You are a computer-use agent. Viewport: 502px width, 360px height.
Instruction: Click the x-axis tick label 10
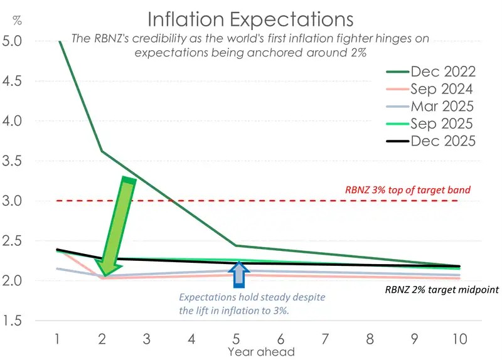pyautogui.click(x=459, y=339)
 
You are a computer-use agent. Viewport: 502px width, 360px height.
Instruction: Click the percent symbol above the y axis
pyautogui.click(x=17, y=21)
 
